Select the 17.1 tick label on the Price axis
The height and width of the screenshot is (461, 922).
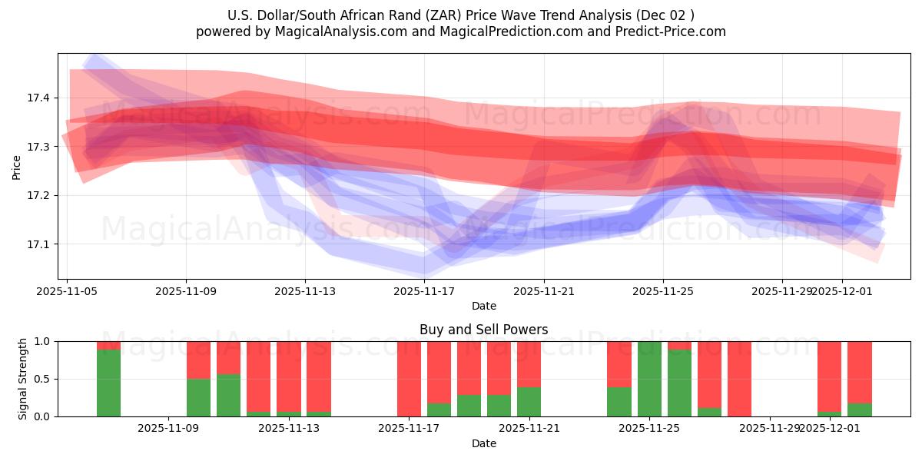(x=38, y=244)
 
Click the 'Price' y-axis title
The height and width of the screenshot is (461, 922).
(x=17, y=167)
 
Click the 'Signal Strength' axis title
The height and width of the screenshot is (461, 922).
(x=23, y=379)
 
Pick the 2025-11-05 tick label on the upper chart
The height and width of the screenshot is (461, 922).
(x=68, y=292)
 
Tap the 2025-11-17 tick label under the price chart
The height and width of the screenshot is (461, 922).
(x=425, y=292)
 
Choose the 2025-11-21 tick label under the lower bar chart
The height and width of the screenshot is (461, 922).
(x=529, y=429)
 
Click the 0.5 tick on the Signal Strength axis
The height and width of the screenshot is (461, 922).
(x=43, y=379)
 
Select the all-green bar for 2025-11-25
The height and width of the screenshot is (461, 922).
(x=649, y=379)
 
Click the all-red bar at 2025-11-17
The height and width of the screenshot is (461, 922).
(x=410, y=379)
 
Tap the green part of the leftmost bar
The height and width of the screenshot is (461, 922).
(x=109, y=383)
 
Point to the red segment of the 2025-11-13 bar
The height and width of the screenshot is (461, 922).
(x=289, y=376)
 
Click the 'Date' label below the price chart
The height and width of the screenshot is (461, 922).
(x=483, y=306)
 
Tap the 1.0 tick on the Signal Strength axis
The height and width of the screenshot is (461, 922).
(x=43, y=341)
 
